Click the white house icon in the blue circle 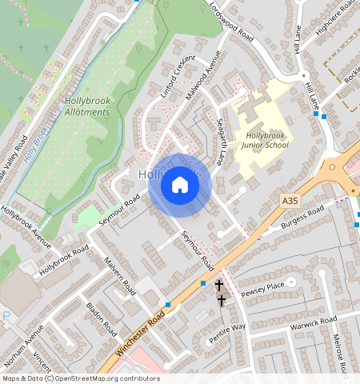180,185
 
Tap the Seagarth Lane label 226,129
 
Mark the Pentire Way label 228,329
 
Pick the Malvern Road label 121,276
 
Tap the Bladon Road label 102,318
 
